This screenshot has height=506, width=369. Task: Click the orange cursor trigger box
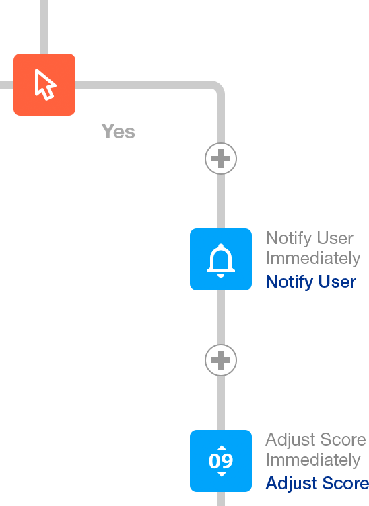[x=44, y=85]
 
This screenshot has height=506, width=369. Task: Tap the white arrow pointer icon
[x=45, y=85]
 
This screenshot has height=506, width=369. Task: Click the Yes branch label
[x=118, y=131]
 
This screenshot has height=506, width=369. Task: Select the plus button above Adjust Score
[x=221, y=360]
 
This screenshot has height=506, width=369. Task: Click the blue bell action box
[x=221, y=259]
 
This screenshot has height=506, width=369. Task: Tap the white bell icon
[x=221, y=260]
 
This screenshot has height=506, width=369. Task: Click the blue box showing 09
[x=221, y=461]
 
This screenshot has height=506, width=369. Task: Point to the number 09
[x=221, y=461]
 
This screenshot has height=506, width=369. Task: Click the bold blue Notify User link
[x=311, y=282]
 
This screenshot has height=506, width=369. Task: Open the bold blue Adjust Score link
[x=317, y=483]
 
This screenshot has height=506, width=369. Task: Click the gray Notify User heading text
[x=310, y=238]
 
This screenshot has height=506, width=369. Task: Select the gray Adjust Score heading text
[x=316, y=439]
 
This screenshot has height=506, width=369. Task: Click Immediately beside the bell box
[x=313, y=258]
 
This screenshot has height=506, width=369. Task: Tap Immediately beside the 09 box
[x=313, y=460]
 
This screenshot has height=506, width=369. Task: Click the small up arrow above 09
[x=222, y=448]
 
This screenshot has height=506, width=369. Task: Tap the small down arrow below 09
[x=222, y=474]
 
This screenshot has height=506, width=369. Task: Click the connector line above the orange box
[x=44, y=27]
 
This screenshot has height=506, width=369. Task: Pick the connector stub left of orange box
[x=7, y=85]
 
